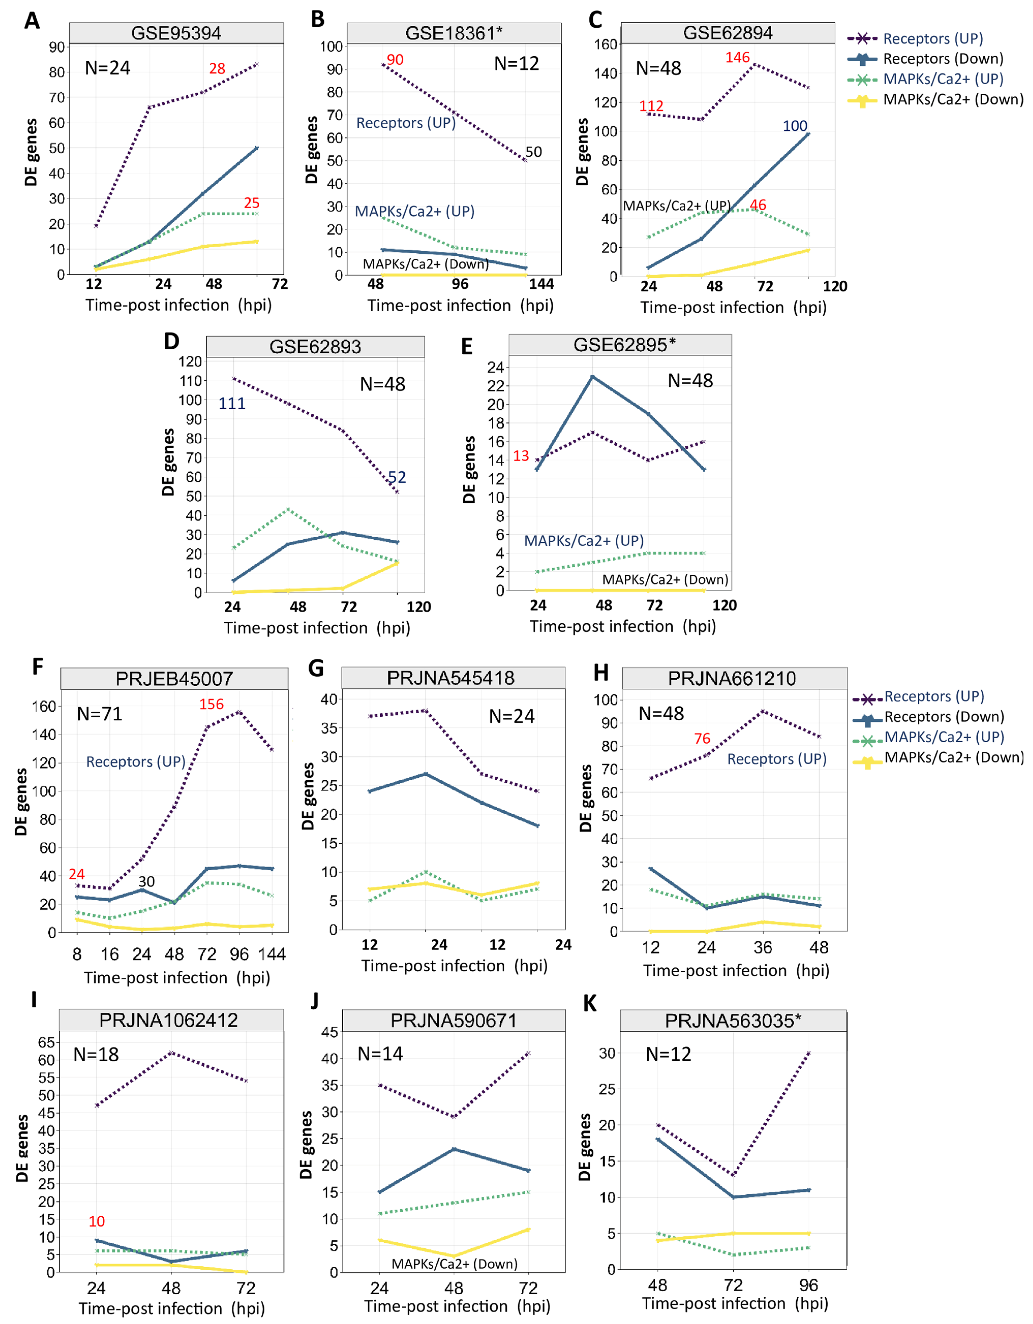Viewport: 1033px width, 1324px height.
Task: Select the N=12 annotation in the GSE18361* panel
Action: click(x=516, y=64)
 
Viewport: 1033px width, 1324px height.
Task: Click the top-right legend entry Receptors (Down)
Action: click(x=943, y=59)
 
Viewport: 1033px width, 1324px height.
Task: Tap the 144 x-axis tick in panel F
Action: click(x=271, y=954)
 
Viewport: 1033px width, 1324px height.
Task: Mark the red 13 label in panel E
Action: click(x=521, y=456)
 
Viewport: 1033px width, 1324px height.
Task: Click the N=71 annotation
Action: click(x=99, y=714)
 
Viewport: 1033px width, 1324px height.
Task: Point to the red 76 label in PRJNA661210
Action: click(x=702, y=738)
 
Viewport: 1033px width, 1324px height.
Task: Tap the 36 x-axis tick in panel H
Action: click(x=763, y=947)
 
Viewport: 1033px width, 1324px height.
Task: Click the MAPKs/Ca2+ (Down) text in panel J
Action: click(x=454, y=1264)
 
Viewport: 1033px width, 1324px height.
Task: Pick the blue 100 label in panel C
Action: click(x=795, y=126)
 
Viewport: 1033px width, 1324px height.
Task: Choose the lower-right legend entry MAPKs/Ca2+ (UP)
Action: click(x=944, y=737)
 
